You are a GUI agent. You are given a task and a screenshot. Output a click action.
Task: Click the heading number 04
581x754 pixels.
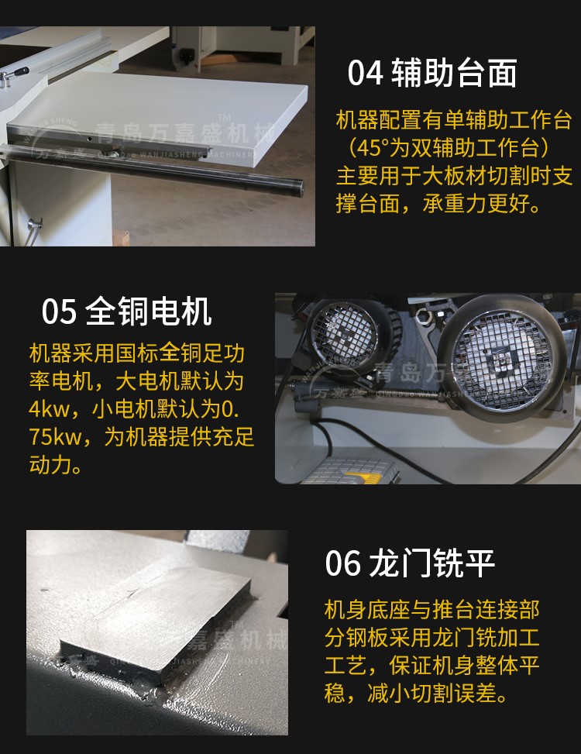pos(365,73)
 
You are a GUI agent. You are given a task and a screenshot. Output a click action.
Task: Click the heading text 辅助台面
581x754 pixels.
pos(455,73)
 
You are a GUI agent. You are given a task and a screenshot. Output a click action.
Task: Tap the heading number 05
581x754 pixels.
pos(59,312)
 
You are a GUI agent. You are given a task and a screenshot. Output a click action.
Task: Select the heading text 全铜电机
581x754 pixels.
pos(149,311)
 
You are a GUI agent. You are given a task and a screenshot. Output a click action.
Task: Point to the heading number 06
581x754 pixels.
pos(342,563)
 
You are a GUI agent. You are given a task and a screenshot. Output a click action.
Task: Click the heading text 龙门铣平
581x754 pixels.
pos(431,563)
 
